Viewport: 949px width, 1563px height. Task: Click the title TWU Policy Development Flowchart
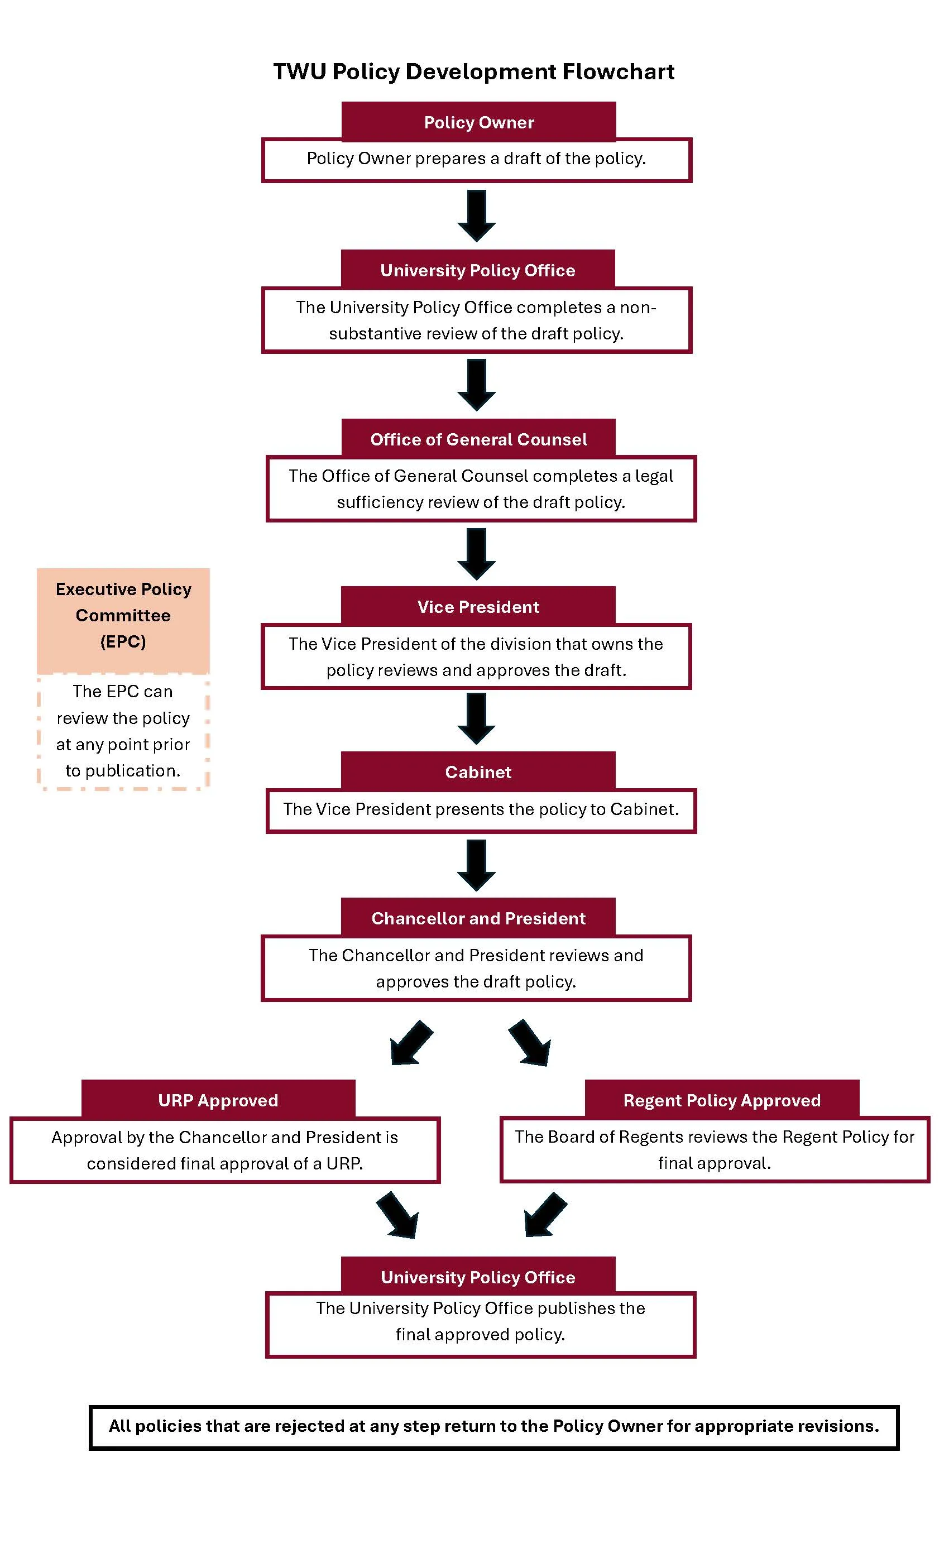click(473, 71)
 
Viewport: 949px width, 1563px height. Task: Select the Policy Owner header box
click(478, 122)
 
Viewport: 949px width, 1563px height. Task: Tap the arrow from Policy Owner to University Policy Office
click(476, 215)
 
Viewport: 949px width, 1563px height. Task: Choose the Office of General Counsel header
click(478, 439)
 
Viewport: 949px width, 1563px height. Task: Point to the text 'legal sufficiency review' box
click(480, 489)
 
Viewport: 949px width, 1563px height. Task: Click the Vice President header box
click(478, 606)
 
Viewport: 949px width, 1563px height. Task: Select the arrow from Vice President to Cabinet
click(476, 717)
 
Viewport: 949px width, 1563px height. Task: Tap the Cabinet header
click(478, 771)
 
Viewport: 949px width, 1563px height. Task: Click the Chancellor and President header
click(478, 918)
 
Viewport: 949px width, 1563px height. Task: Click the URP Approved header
click(218, 1100)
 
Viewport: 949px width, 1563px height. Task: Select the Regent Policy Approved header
click(721, 1100)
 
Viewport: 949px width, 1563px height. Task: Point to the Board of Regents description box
click(715, 1150)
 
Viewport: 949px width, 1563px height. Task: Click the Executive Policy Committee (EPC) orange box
click(123, 621)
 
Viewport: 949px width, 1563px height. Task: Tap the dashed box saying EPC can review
click(123, 731)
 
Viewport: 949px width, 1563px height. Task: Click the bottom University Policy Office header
click(478, 1277)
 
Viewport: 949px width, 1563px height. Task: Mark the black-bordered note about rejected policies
click(493, 1427)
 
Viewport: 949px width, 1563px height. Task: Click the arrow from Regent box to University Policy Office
click(544, 1215)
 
